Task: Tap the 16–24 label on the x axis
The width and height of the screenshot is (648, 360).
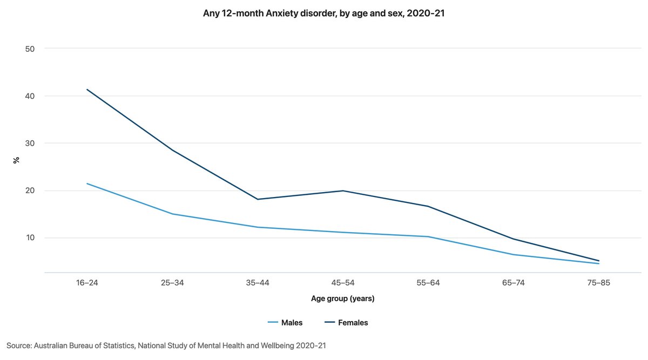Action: click(x=87, y=283)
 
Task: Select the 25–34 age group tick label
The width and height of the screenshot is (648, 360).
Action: click(x=172, y=283)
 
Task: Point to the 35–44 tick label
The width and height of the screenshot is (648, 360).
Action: click(x=258, y=283)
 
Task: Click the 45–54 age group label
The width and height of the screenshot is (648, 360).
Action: click(x=343, y=283)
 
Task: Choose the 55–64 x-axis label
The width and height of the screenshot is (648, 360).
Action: click(x=428, y=283)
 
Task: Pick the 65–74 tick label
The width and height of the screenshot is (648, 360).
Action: click(x=514, y=283)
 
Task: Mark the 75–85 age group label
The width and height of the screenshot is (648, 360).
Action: click(x=599, y=283)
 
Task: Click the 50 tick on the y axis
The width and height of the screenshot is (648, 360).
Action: click(x=30, y=49)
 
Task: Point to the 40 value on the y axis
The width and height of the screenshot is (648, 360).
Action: click(x=30, y=96)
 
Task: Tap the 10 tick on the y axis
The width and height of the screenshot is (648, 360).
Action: click(x=30, y=238)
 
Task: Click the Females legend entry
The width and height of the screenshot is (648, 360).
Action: click(x=353, y=323)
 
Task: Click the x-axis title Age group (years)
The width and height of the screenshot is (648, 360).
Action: click(x=342, y=298)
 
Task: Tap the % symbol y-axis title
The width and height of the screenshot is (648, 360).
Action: click(x=17, y=160)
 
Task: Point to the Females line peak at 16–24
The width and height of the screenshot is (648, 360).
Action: click(x=87, y=90)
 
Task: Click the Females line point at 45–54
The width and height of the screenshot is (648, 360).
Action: click(x=343, y=191)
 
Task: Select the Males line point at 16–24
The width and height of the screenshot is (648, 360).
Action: click(x=87, y=184)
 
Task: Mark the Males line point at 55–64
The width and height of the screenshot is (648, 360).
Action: click(x=428, y=236)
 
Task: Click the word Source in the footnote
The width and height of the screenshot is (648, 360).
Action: click(x=19, y=345)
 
